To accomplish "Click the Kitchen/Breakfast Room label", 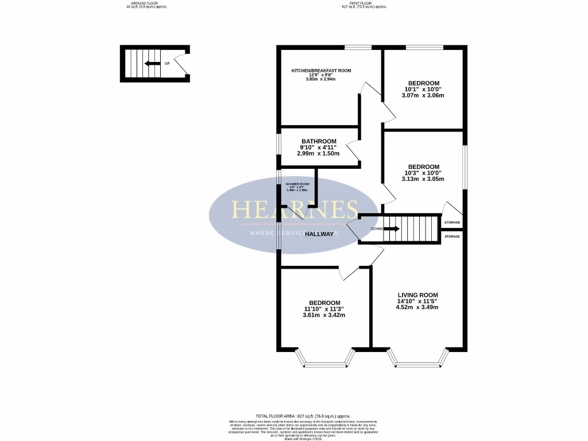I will [x=321, y=71].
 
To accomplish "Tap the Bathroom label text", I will [x=319, y=141].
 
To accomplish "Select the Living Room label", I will [x=417, y=295].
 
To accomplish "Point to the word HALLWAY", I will [x=319, y=234].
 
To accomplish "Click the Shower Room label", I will [x=297, y=184].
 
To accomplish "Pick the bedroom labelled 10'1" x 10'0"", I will [x=424, y=83].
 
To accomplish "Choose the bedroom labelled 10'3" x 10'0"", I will [x=424, y=167].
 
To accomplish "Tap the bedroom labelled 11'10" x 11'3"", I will [x=324, y=303].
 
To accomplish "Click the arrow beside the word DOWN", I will [x=392, y=229].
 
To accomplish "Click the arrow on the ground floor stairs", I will [x=152, y=64].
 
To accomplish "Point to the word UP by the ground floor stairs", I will [x=167, y=64].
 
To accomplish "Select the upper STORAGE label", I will [x=452, y=222].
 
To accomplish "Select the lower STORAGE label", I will [x=452, y=237].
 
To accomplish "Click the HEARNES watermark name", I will [x=295, y=210].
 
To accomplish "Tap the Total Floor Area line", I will [x=303, y=416].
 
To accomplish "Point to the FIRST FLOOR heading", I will [x=364, y=3].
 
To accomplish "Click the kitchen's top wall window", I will [x=358, y=47].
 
